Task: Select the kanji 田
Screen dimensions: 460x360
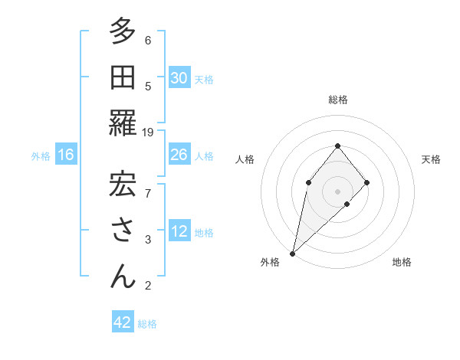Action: click(123, 78)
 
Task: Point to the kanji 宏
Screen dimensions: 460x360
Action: click(123, 183)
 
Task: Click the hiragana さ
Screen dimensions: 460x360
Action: click(123, 230)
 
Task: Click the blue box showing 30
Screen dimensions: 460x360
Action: click(179, 78)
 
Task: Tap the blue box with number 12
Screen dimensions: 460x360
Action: click(179, 232)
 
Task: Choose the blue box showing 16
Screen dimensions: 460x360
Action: click(66, 155)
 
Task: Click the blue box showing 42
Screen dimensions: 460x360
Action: click(123, 322)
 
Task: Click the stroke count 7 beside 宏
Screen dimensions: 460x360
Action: click(148, 192)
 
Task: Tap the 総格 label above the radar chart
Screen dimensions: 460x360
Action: click(337, 100)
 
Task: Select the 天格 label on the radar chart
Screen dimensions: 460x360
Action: click(431, 159)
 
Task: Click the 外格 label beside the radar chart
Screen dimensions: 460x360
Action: click(270, 262)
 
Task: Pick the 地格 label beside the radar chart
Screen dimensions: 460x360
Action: click(402, 262)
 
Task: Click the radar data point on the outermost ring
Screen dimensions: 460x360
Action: click(293, 253)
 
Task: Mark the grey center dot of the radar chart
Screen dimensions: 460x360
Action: click(337, 191)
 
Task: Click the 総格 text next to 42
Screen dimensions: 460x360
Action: click(147, 324)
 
